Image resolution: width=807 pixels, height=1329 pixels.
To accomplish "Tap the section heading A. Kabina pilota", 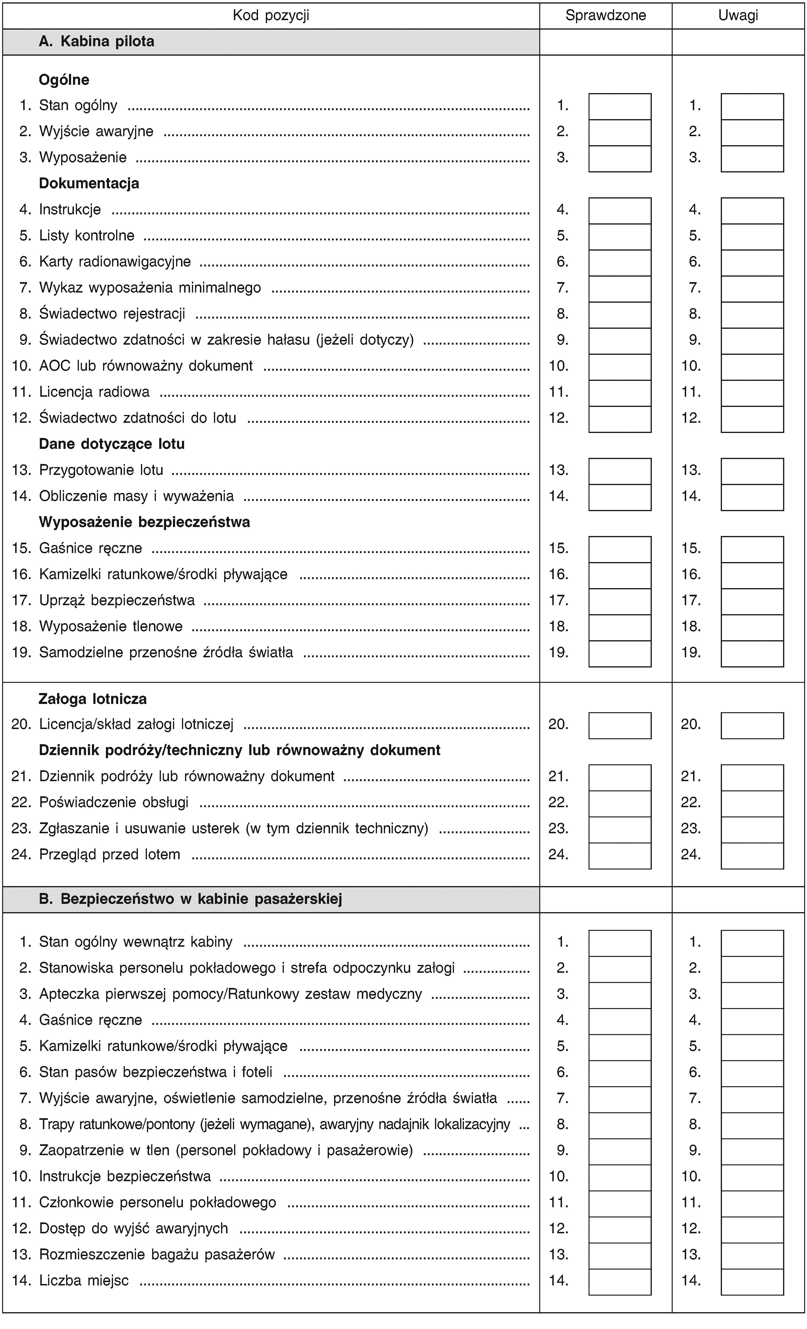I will [x=97, y=41].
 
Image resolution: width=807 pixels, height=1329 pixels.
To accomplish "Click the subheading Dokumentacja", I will [x=89, y=183].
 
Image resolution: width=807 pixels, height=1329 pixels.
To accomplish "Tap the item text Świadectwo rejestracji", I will [x=112, y=314].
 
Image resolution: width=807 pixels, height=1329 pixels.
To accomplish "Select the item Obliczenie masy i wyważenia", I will [x=136, y=496].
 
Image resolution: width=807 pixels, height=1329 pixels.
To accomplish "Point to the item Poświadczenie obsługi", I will [x=114, y=802].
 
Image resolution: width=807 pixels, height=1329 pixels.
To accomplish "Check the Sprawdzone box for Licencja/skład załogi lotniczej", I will [x=620, y=725].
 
